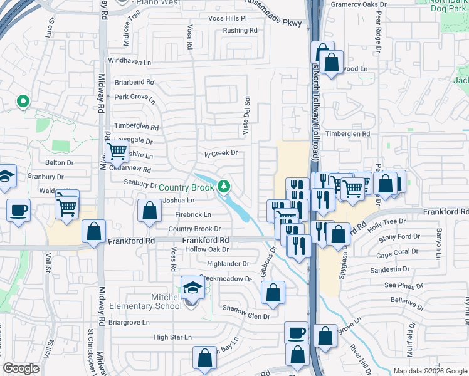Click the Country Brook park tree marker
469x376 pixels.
tap(224, 186)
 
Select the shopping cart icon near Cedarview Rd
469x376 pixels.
tap(117, 151)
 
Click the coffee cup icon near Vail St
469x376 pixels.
tap(19, 209)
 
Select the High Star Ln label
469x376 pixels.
tap(172, 337)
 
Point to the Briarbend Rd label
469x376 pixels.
tap(134, 82)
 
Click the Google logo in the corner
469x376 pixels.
tap(21, 368)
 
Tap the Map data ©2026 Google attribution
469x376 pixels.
tap(429, 371)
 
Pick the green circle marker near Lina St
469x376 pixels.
tap(23, 100)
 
